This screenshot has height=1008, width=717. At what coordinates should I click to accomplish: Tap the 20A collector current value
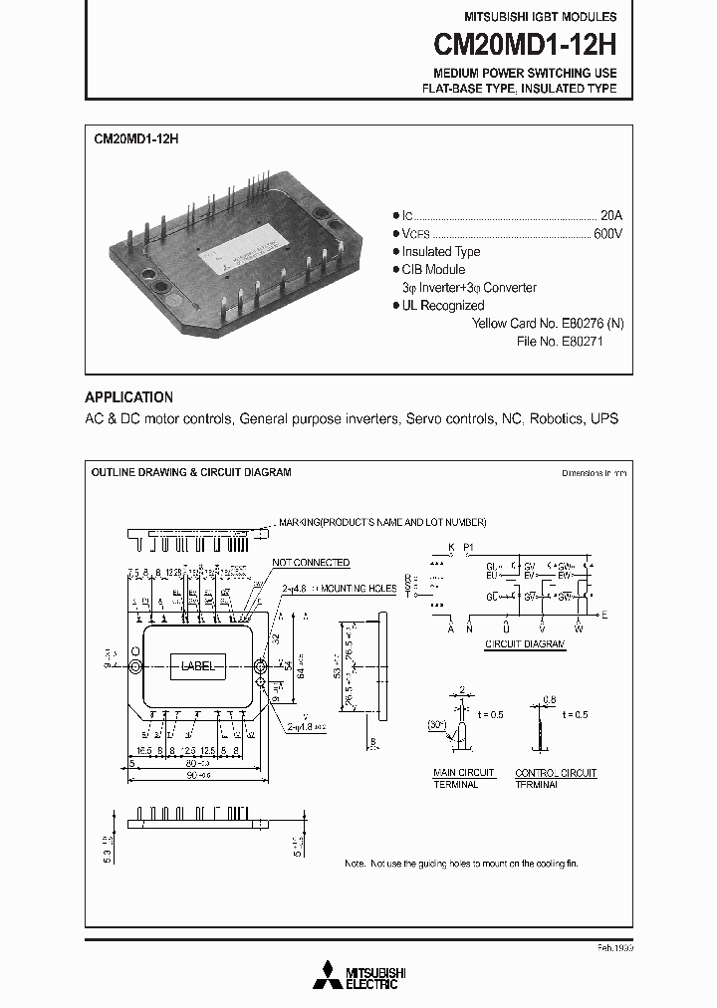610,215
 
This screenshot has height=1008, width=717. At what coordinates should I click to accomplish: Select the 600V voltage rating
606,233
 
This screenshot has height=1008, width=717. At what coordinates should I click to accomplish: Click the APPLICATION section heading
128,396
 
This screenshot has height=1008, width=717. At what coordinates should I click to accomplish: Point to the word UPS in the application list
604,418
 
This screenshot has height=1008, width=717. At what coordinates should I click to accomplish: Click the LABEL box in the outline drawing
197,666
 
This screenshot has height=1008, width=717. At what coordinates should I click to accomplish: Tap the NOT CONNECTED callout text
310,563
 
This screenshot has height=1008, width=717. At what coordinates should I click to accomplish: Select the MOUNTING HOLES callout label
358,589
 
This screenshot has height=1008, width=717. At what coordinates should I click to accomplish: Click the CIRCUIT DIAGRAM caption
525,645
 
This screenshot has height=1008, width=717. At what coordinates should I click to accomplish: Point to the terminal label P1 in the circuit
469,548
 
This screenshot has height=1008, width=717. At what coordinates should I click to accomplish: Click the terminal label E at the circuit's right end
604,616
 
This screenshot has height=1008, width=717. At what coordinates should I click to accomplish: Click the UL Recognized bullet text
442,306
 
